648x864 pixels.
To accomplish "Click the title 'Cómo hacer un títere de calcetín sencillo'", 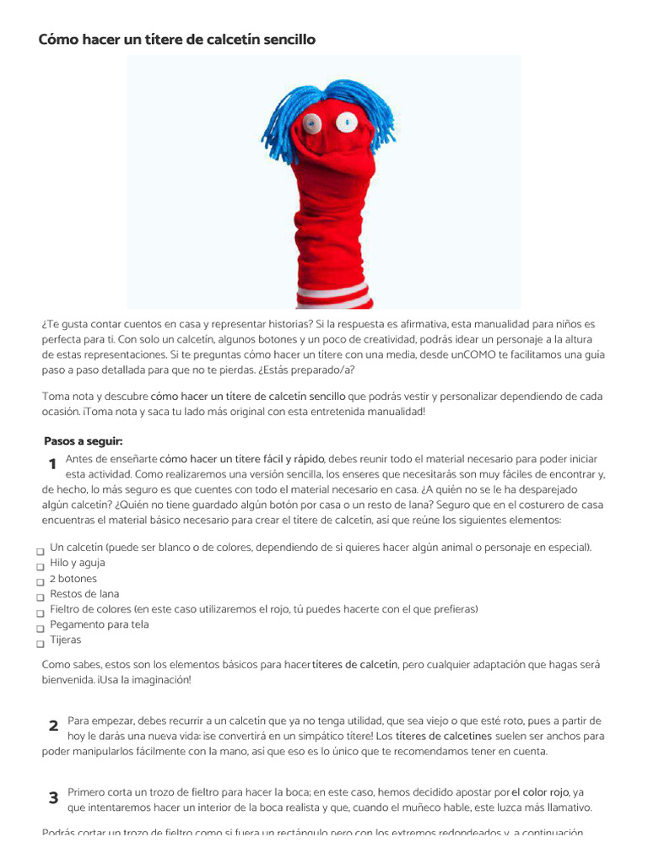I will tap(177, 40).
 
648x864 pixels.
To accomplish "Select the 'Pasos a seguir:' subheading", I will tap(84, 441).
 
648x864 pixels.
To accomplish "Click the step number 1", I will tap(52, 464).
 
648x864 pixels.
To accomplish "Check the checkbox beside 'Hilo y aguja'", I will tap(40, 567).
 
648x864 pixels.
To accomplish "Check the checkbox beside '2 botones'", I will tap(40, 582).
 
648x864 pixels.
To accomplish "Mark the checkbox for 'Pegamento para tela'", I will tap(40, 629).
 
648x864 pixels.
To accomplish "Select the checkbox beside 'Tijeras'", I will tap(40, 644).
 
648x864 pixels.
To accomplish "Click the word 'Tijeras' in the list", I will tap(66, 640).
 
